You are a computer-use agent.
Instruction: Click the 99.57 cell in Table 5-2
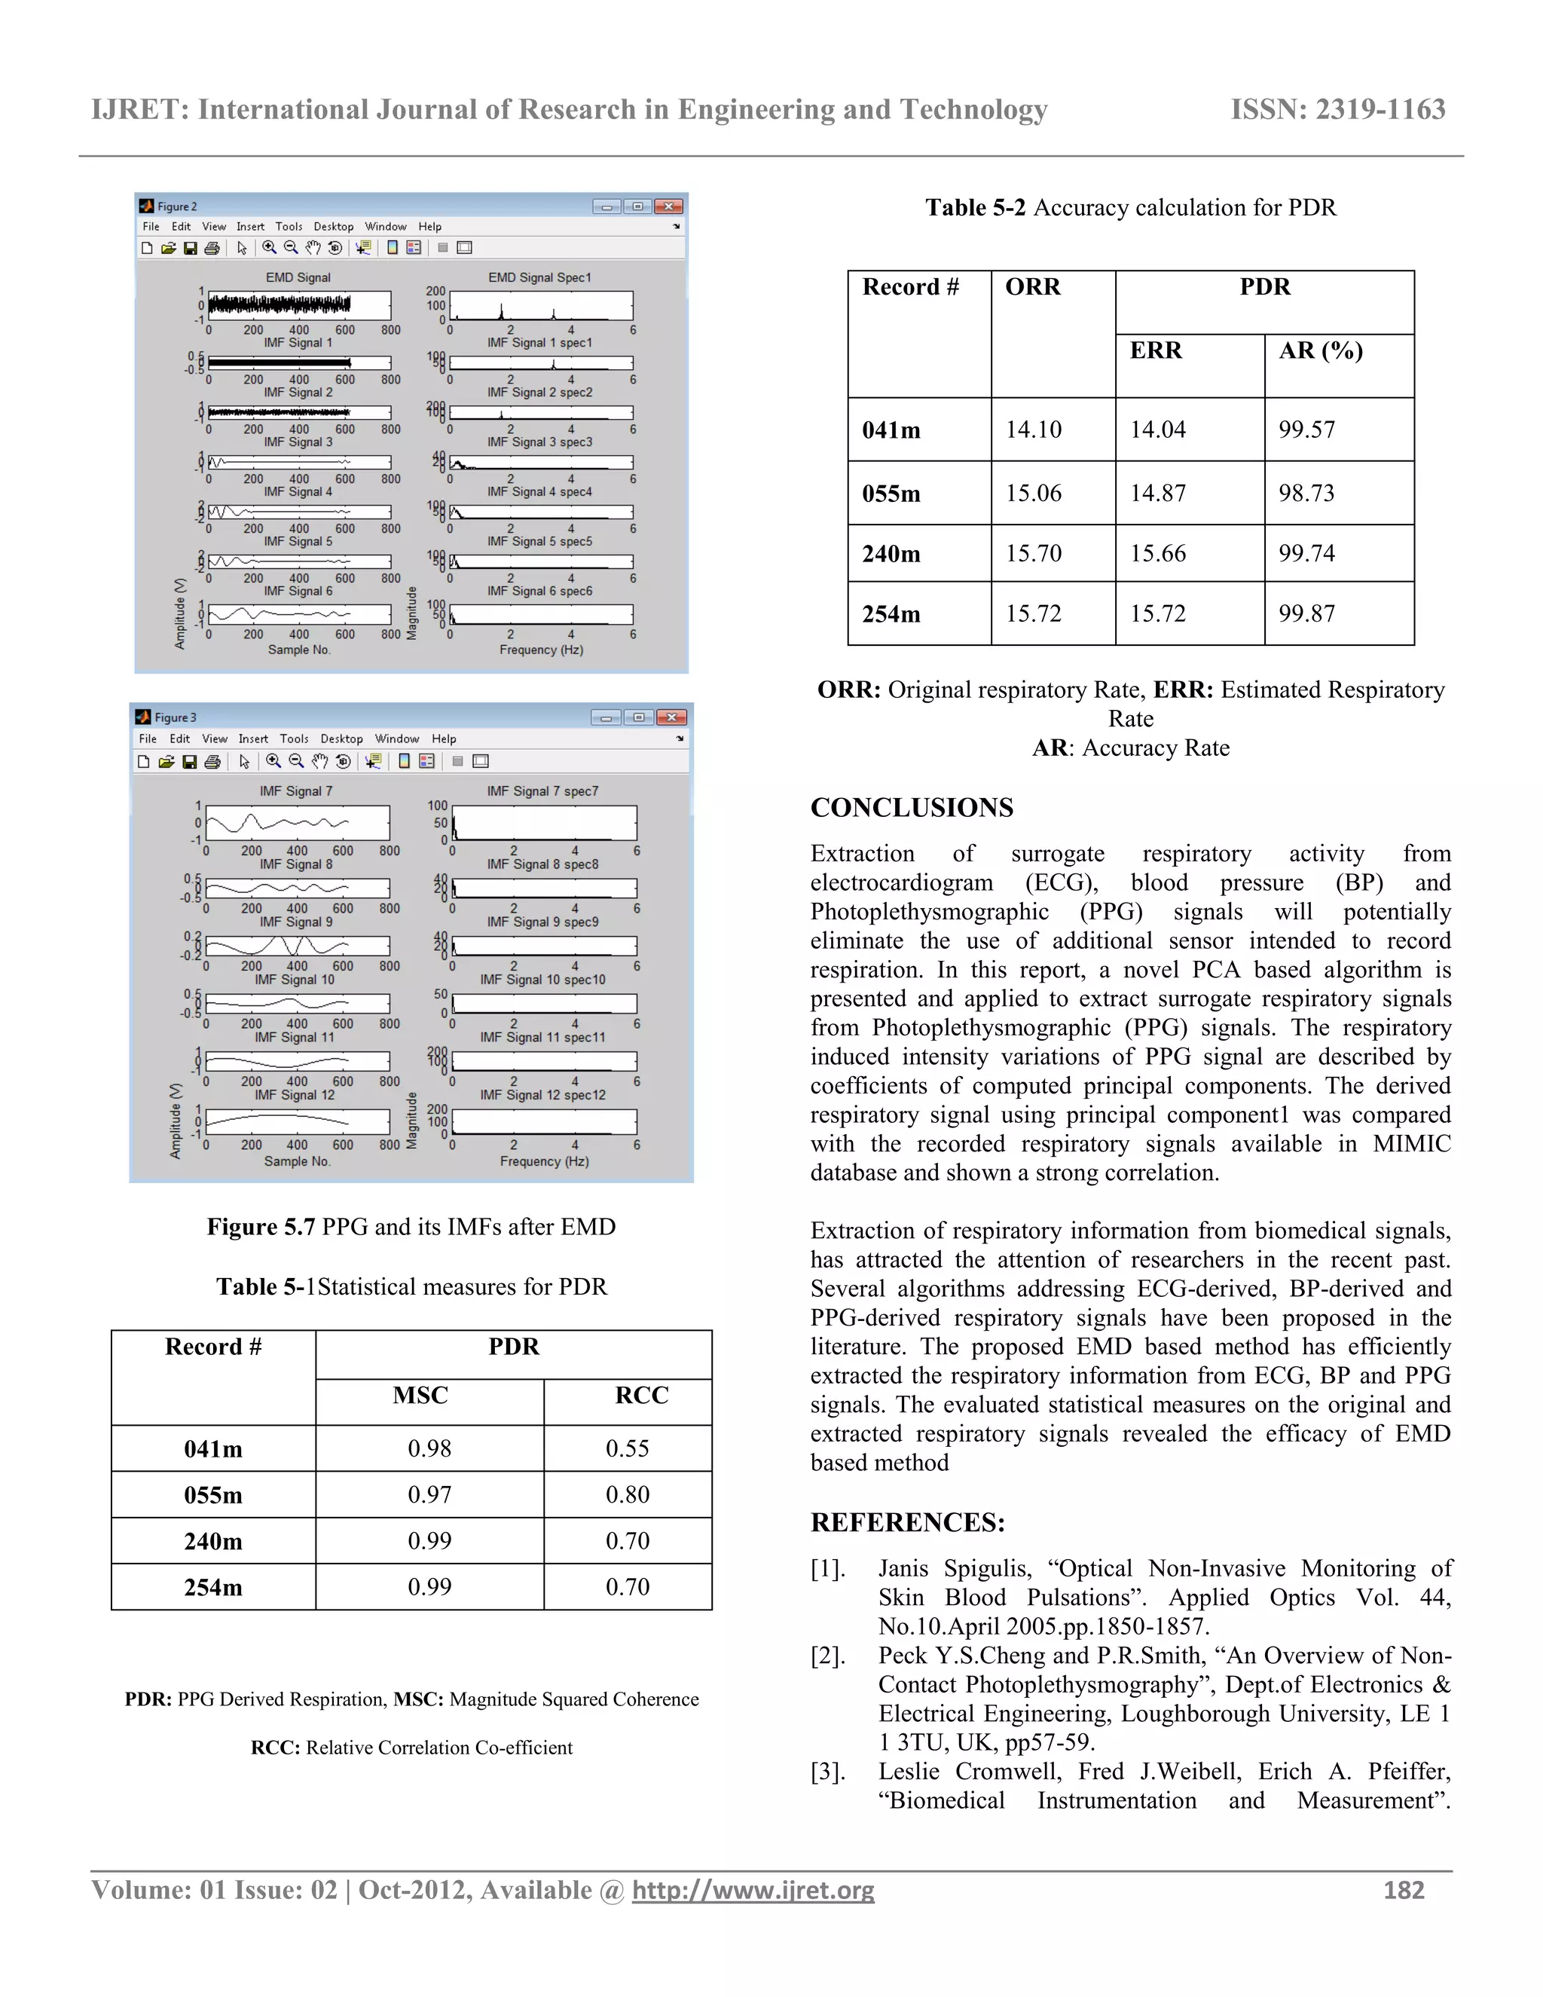[1306, 430]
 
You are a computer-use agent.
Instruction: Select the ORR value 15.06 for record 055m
[1033, 494]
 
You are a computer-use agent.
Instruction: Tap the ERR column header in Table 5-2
[1156, 351]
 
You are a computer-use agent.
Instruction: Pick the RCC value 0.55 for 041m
[627, 1448]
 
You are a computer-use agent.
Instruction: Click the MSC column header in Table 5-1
[420, 1396]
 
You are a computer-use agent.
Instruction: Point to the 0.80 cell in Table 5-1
[627, 1495]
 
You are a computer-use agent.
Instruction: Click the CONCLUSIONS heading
[912, 807]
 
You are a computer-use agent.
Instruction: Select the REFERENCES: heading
[907, 1522]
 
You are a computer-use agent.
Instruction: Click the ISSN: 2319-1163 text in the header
[1337, 110]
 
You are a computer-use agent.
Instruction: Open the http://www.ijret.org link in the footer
[753, 1890]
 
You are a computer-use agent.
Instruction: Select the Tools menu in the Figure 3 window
[293, 739]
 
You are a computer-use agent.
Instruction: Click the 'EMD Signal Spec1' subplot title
[539, 277]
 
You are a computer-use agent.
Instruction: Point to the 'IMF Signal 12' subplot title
[295, 1094]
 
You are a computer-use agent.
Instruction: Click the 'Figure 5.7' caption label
[261, 1227]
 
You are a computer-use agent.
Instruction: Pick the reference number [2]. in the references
[828, 1656]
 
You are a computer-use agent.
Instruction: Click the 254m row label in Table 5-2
[891, 614]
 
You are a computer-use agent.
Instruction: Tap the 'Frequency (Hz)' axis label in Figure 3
[544, 1161]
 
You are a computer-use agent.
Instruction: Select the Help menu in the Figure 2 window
[429, 227]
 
